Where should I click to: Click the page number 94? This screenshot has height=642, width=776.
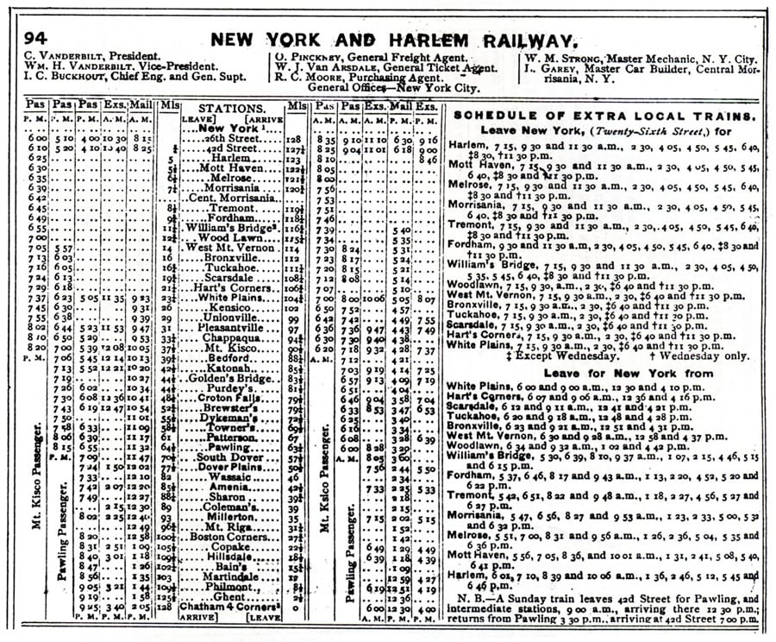(35, 39)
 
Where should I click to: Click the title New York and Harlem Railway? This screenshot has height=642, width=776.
(392, 40)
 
